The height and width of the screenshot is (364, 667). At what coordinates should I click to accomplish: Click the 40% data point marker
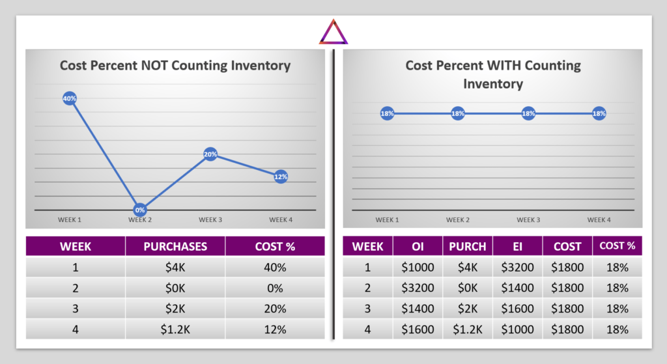[70, 98]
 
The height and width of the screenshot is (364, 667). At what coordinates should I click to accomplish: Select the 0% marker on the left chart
[140, 210]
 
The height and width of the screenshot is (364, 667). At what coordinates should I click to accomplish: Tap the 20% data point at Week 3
[210, 154]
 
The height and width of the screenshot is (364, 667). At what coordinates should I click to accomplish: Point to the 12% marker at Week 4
[281, 176]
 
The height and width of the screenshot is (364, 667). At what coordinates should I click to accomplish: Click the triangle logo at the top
[333, 32]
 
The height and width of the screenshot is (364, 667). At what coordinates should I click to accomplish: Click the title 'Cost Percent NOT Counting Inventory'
[175, 65]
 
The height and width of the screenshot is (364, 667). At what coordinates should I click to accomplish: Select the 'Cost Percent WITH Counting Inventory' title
[493, 74]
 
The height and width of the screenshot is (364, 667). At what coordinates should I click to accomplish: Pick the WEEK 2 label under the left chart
[140, 220]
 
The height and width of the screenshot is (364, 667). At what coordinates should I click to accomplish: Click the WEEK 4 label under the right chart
[599, 220]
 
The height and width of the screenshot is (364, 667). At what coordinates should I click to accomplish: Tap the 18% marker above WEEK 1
[387, 114]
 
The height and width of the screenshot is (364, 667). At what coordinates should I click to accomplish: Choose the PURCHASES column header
[175, 246]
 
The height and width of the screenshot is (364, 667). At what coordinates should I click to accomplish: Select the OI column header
[418, 246]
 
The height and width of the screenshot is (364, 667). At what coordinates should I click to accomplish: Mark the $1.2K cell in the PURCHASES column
[175, 329]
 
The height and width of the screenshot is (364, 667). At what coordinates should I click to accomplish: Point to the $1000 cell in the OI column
[418, 267]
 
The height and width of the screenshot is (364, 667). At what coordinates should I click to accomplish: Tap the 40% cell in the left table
[275, 267]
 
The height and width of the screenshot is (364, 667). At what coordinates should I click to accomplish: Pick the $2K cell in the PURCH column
[467, 309]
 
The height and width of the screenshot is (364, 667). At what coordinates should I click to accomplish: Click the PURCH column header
[467, 246]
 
